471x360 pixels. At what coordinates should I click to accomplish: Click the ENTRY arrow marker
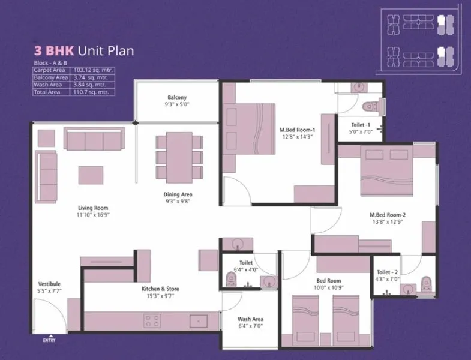[x=50, y=337]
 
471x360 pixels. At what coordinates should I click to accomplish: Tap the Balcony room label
[x=177, y=97]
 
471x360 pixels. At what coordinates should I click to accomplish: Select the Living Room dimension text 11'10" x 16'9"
[x=93, y=214]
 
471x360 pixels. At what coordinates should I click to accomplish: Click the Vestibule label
[x=50, y=284]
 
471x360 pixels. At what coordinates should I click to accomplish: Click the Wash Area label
[x=251, y=319]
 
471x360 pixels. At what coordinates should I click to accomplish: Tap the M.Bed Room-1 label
[x=297, y=130]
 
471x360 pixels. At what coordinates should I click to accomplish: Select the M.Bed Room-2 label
[x=388, y=215]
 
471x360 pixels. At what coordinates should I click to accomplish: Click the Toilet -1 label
[x=361, y=125]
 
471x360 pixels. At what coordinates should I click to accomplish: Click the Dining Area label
[x=178, y=194]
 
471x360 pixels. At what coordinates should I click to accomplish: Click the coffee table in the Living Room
[x=91, y=175]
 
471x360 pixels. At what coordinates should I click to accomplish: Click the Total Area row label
[x=48, y=92]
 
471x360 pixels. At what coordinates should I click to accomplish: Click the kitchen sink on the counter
[x=198, y=321]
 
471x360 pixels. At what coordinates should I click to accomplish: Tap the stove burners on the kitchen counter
[x=151, y=321]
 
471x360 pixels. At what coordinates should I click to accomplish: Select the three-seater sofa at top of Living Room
[x=94, y=140]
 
